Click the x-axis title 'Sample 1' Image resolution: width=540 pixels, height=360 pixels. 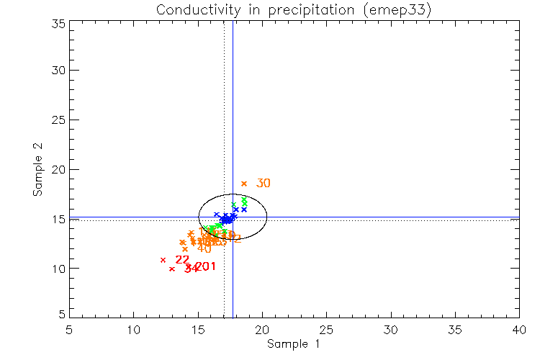(x=293, y=344)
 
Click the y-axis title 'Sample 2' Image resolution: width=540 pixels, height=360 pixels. (x=37, y=170)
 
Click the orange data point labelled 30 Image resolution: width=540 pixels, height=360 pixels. (x=243, y=184)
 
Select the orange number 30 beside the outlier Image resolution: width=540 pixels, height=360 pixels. (x=263, y=184)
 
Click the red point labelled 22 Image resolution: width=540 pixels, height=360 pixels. (x=163, y=260)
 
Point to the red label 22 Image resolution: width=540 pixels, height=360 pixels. (x=181, y=260)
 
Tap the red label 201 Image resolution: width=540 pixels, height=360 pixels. (x=205, y=267)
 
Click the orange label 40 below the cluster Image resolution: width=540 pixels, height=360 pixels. (x=204, y=248)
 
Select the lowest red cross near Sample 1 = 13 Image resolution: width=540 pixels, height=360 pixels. (x=171, y=269)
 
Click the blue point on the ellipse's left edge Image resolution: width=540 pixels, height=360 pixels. (x=216, y=215)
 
